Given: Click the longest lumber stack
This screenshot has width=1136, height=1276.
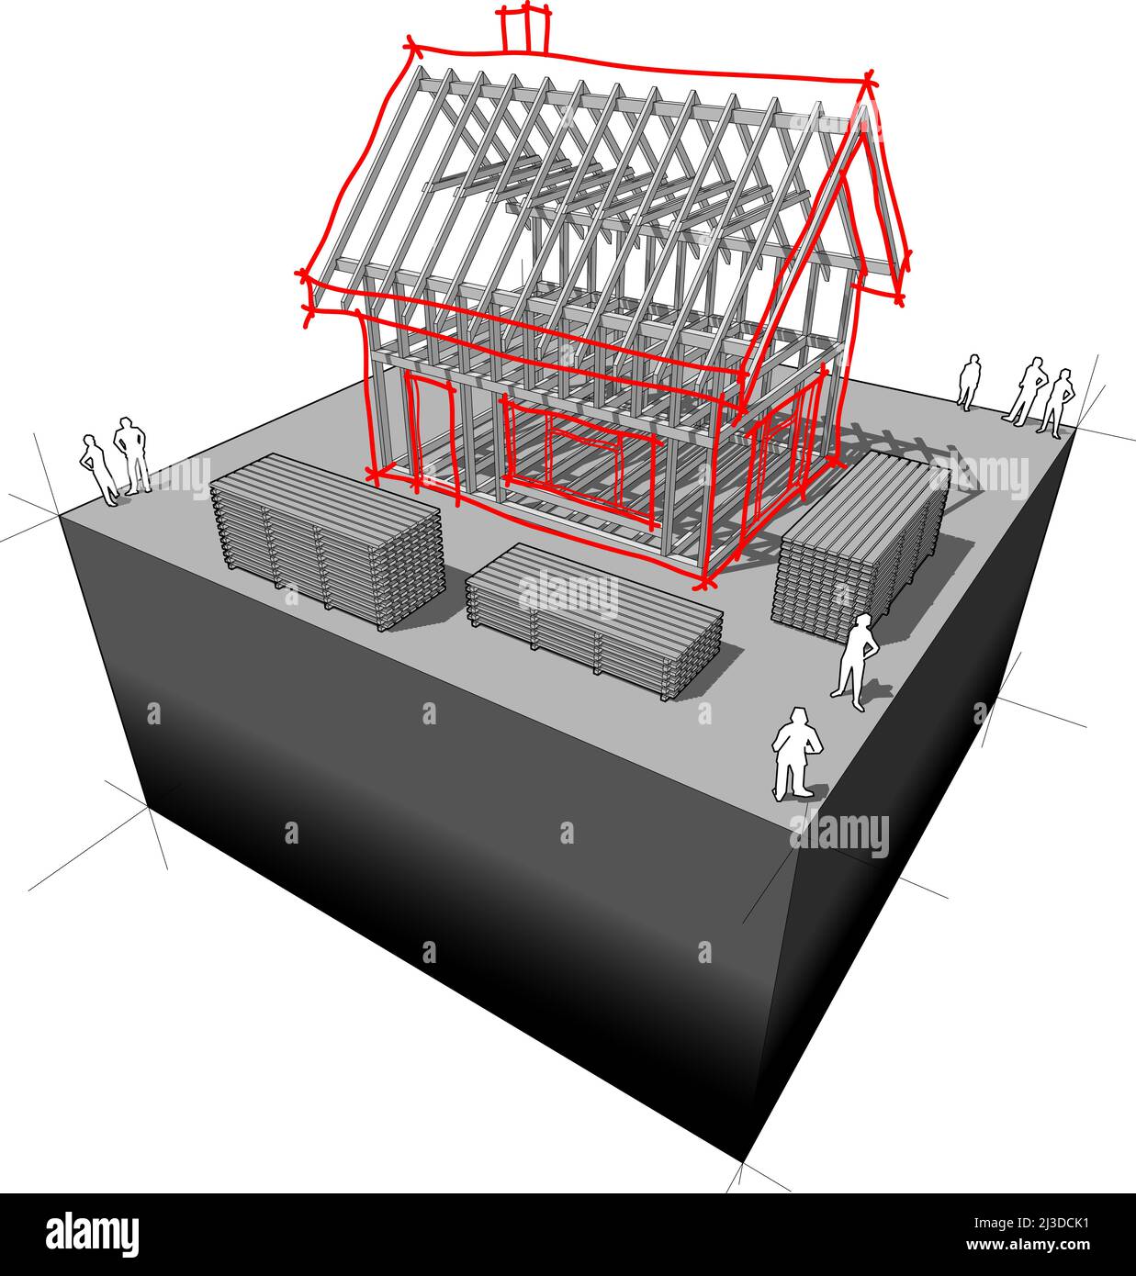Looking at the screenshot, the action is point(328,542).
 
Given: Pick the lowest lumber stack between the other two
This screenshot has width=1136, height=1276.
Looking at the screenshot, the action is point(594,621).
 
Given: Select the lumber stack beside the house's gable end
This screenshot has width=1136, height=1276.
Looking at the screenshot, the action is point(860,545).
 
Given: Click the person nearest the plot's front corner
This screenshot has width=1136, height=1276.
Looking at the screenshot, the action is point(797,754).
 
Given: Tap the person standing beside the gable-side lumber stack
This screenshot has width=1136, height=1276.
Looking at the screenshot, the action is point(856,662).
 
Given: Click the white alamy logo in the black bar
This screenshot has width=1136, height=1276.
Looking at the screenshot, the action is point(92,1236).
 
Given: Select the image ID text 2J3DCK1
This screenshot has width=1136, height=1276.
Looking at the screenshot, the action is point(1031,1223).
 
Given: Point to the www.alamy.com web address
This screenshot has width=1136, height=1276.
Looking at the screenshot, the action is point(1028,1245).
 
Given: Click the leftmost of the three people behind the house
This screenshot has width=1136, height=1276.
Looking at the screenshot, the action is point(969,382).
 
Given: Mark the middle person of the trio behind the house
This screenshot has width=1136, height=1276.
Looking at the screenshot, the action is point(1026,391).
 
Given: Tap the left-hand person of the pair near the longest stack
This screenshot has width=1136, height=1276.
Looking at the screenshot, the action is point(99,470).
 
